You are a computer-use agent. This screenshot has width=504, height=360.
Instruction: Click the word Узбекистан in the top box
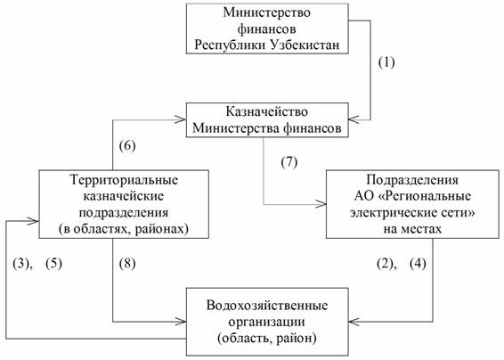coord(305,45)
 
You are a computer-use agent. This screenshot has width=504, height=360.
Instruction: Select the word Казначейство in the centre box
coord(267,111)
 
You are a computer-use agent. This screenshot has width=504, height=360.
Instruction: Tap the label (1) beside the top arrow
coord(386,62)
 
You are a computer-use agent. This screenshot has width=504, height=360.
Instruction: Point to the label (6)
coord(127,146)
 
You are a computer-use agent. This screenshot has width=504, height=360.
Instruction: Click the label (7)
coord(289,162)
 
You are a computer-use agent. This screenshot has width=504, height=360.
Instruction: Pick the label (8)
coord(127,264)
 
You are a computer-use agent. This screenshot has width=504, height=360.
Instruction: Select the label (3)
coord(20,264)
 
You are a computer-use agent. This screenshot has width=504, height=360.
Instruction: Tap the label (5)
coord(53,264)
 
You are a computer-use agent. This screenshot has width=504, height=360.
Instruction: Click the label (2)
coord(385,264)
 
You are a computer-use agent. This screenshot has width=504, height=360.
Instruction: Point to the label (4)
coord(418,264)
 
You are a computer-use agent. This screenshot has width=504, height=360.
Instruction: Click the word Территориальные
coord(124,179)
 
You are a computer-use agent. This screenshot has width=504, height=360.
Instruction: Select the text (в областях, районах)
coord(124,229)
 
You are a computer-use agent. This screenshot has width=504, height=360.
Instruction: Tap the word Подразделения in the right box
coord(412,179)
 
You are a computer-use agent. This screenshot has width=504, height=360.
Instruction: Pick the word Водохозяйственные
coord(267,305)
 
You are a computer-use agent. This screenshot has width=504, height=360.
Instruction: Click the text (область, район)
coord(267,339)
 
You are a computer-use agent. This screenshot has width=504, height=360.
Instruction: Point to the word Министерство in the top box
coord(267,12)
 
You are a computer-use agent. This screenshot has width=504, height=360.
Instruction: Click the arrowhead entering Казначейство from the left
coord(181,119)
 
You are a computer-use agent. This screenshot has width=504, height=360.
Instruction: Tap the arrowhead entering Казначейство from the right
coord(354,119)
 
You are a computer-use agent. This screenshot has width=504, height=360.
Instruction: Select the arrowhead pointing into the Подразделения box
coord(321,204)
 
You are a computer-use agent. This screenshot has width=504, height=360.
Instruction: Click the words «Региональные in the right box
coord(426,196)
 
